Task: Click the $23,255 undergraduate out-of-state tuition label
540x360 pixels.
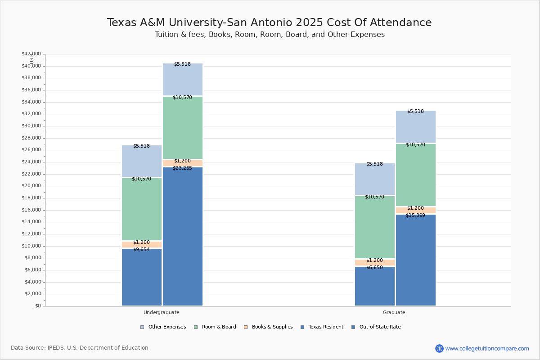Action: point(182,168)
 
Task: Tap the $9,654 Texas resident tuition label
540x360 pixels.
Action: point(141,250)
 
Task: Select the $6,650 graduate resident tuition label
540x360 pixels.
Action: point(374,268)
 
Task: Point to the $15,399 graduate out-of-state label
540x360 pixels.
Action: point(415,216)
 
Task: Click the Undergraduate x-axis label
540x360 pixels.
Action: point(162,312)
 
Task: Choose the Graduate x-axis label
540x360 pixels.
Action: point(394,312)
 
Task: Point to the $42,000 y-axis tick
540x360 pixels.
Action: point(31,54)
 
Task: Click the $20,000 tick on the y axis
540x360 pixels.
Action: point(31,186)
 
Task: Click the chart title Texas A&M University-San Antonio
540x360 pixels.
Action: point(269,23)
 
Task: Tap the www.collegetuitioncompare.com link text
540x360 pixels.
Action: point(487,348)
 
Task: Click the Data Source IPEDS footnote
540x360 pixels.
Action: point(80,348)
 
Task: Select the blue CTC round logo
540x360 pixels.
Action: point(439,348)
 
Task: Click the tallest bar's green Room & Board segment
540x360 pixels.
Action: point(183,128)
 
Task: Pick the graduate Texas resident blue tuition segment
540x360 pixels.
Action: point(375,288)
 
